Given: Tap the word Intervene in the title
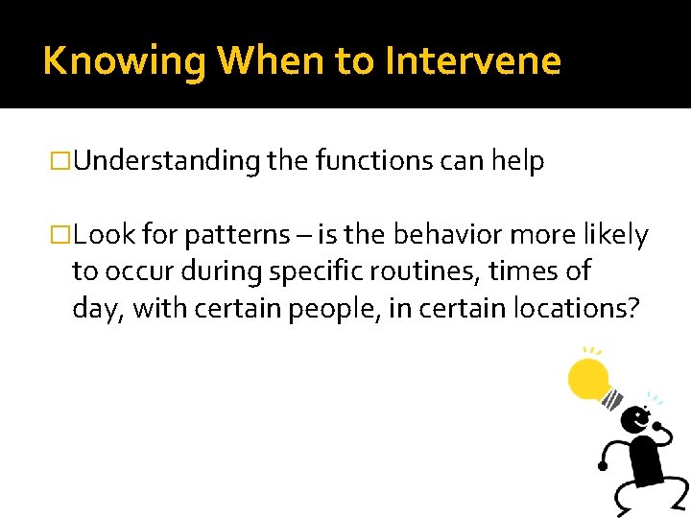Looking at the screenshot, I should click(x=473, y=61).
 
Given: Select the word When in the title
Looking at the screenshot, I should click(x=272, y=61).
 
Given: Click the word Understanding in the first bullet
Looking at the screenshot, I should click(x=166, y=162).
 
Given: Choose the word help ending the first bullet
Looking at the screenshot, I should click(x=518, y=162).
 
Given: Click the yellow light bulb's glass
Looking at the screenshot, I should click(x=587, y=380).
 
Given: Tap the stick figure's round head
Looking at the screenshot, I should click(x=634, y=419).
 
